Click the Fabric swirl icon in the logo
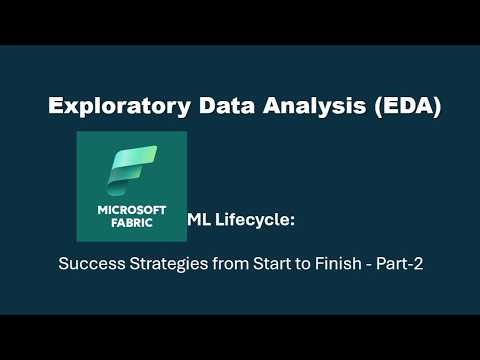pyautogui.click(x=131, y=169)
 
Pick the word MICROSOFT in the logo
pyautogui.click(x=131, y=211)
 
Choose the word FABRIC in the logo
pyautogui.click(x=131, y=225)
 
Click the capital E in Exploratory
pyautogui.click(x=56, y=107)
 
